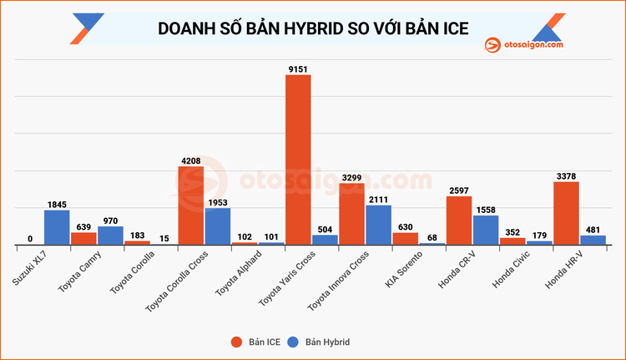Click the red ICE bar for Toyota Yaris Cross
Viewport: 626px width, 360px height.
pyautogui.click(x=298, y=159)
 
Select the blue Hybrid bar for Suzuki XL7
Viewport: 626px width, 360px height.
pyautogui.click(x=57, y=227)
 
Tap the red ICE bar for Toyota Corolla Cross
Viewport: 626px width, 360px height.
pyautogui.click(x=191, y=205)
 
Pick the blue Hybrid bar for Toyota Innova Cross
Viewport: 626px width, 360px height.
pyautogui.click(x=378, y=225)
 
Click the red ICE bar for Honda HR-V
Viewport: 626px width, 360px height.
pyautogui.click(x=566, y=213)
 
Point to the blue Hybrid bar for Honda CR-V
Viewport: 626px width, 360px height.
pyautogui.click(x=486, y=230)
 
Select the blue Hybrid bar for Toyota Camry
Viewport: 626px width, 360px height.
pyautogui.click(x=110, y=236)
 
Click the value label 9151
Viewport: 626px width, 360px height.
pyautogui.click(x=298, y=68)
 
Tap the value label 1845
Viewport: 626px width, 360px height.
pyautogui.click(x=57, y=203)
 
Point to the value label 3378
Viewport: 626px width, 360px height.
pyautogui.click(x=566, y=175)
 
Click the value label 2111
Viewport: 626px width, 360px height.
pyautogui.click(x=378, y=198)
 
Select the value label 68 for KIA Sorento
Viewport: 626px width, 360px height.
pyautogui.click(x=432, y=238)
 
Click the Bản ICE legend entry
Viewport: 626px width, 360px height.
pyautogui.click(x=254, y=342)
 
